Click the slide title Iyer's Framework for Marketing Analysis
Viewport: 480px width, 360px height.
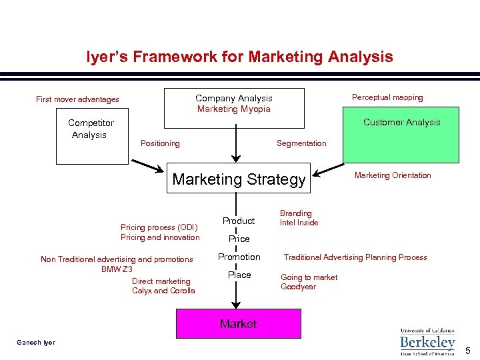click(x=239, y=57)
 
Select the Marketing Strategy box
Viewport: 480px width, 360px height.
click(x=239, y=179)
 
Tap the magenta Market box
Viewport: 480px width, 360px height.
click(x=238, y=323)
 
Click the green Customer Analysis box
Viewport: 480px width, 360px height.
click(x=401, y=135)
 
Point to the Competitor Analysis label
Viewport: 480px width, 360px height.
click(x=91, y=129)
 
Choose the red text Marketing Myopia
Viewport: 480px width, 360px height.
click(x=234, y=109)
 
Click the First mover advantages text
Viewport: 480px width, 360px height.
click(x=77, y=99)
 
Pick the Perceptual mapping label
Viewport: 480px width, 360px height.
click(x=387, y=97)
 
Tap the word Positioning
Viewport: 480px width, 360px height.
click(x=160, y=143)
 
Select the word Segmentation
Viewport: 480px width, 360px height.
click(x=301, y=143)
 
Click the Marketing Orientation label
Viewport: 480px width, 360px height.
click(x=393, y=175)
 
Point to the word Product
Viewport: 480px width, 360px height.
click(x=239, y=221)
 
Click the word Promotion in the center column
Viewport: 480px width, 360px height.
click(x=239, y=257)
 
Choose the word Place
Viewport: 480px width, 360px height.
click(x=239, y=275)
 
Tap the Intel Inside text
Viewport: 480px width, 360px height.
click(x=299, y=223)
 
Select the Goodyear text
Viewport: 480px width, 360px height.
click(x=298, y=287)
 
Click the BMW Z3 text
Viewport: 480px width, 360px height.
click(x=117, y=269)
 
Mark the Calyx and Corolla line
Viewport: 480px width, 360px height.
click(x=163, y=291)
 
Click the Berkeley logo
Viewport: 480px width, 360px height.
click(x=427, y=341)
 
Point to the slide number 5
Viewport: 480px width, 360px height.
click(x=468, y=351)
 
